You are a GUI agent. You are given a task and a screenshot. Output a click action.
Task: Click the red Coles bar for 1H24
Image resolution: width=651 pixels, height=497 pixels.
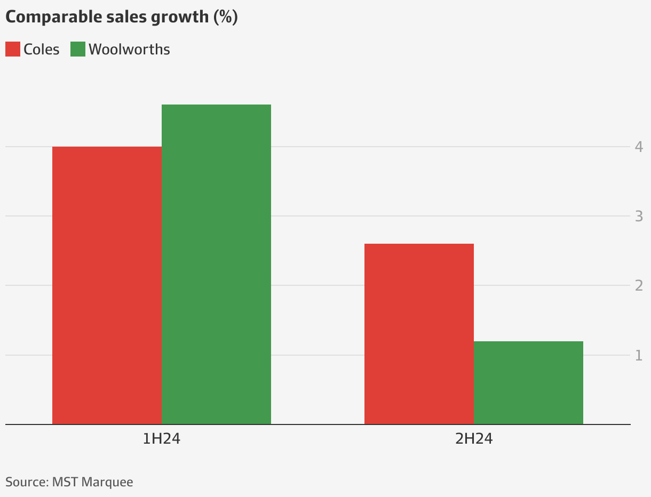[107, 285]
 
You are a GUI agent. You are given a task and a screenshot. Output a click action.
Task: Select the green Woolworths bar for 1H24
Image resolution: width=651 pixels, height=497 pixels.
[216, 264]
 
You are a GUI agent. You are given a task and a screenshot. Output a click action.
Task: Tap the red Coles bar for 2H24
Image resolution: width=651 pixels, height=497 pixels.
[419, 334]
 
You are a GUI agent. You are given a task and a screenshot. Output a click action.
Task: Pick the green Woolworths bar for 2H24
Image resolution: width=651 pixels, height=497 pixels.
[528, 382]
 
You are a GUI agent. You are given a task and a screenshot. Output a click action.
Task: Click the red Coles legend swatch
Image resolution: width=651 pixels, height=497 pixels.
[13, 50]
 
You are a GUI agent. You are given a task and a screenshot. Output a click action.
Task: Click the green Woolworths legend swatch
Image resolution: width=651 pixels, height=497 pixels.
[78, 50]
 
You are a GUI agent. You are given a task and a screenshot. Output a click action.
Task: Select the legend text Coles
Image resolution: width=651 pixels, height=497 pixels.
[42, 50]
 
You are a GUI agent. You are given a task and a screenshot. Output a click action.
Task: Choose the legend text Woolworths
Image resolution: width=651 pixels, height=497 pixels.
[129, 50]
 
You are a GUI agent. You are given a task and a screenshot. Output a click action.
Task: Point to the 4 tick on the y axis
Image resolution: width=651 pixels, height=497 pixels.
[638, 147]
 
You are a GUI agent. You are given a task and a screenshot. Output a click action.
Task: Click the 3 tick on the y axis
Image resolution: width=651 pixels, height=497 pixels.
[638, 217]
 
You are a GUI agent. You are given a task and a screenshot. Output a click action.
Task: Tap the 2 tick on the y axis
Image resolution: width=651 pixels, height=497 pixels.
[638, 286]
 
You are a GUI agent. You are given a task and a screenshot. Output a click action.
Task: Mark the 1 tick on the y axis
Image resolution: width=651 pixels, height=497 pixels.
[638, 355]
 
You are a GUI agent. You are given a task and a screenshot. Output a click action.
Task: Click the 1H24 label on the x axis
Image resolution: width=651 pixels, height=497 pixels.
[161, 439]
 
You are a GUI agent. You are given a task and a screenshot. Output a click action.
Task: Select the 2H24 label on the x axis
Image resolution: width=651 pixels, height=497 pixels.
[473, 439]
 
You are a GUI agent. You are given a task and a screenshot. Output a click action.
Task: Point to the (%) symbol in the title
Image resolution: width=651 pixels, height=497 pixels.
[225, 17]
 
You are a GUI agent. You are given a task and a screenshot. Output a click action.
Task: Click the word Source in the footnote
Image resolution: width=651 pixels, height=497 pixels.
[25, 482]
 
